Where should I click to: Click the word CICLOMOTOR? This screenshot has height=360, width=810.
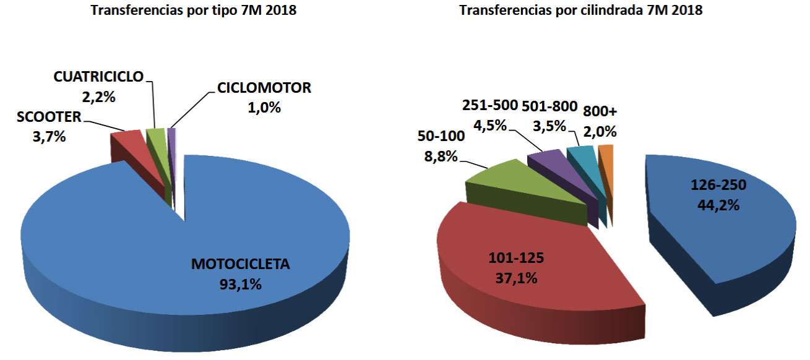point(264,87)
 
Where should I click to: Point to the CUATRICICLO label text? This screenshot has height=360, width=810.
point(98,76)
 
